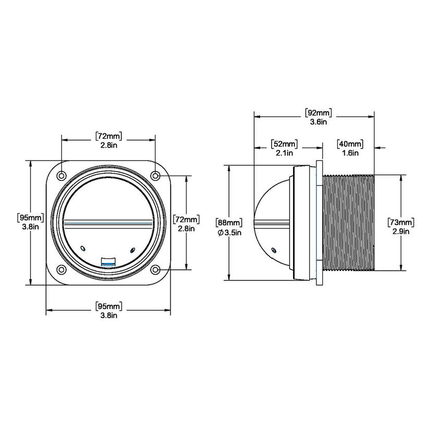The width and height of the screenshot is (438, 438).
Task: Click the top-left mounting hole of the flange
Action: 62,176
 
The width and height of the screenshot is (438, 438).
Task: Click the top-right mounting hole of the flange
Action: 155,176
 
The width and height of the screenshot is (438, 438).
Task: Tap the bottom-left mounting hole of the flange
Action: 62,270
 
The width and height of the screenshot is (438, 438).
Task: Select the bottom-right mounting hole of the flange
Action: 155,270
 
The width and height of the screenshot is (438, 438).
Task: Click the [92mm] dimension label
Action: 318,113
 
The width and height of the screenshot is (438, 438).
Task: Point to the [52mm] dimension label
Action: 284,144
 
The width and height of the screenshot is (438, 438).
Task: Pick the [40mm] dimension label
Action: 350,144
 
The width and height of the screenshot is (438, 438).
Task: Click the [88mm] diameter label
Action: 229,223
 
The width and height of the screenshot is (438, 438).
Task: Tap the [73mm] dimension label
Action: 401,223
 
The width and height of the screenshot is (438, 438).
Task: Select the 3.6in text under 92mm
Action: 318,122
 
